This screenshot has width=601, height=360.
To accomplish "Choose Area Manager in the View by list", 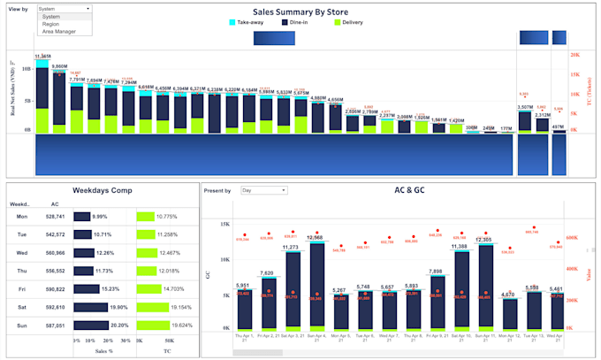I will [59, 31].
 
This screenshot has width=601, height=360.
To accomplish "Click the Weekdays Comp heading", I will [102, 189].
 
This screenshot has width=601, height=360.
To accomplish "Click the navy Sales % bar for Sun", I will [88, 325].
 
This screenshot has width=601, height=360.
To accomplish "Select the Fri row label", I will [20, 288].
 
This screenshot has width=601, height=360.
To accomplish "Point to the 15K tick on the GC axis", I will [224, 225].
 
